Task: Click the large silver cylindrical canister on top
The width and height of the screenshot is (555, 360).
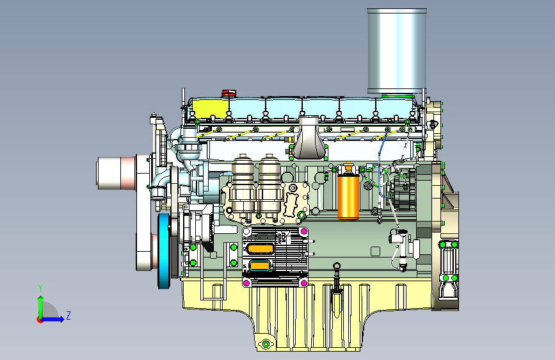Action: [x=397, y=51]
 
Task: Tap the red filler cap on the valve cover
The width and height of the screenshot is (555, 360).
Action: [x=229, y=93]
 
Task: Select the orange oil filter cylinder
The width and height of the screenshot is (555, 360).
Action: [x=348, y=192]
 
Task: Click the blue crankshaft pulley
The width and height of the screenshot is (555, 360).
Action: [x=164, y=250]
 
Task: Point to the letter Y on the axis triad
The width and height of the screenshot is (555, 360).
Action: [x=40, y=288]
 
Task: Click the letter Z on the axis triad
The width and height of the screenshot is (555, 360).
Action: [x=68, y=315]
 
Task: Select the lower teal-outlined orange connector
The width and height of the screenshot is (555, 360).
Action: [x=260, y=266]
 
